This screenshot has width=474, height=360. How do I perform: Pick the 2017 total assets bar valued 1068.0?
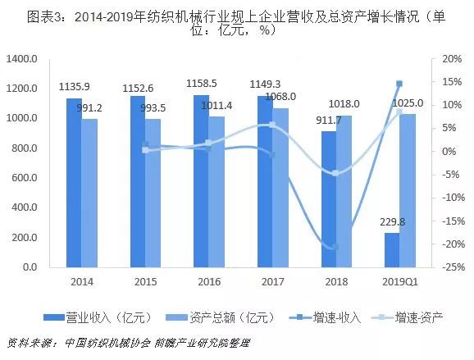(280, 188)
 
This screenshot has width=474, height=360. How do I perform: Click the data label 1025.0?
(408, 103)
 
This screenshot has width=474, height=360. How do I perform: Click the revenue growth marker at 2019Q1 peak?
(399, 84)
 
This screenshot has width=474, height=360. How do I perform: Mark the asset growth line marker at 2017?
(271, 125)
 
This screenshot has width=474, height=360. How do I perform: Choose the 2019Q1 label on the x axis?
(399, 282)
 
